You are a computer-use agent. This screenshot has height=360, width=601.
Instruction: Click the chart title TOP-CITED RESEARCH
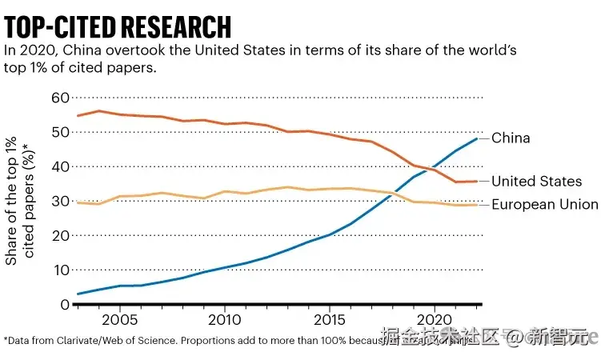click(x=118, y=26)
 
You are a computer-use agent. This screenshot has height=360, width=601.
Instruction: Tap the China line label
click(x=511, y=138)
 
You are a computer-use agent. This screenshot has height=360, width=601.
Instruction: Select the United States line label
click(x=536, y=182)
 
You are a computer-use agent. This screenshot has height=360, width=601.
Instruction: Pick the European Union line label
click(x=544, y=205)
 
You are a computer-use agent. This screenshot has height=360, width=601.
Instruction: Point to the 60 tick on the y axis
click(x=60, y=98)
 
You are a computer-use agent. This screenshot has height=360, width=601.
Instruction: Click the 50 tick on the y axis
click(x=60, y=132)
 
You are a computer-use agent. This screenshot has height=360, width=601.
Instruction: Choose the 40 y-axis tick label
click(x=60, y=166)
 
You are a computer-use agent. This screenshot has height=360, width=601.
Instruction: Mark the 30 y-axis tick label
click(x=60, y=201)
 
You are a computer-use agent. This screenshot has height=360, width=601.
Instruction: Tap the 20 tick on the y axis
click(x=60, y=235)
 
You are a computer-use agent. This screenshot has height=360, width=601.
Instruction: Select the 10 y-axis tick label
click(x=60, y=270)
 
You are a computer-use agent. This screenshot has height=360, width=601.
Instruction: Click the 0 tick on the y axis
click(x=65, y=304)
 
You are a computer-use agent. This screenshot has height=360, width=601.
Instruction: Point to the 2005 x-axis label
click(x=119, y=320)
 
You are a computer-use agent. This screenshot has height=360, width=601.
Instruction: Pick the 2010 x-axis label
click(x=224, y=320)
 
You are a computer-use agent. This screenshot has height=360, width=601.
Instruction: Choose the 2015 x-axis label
click(x=329, y=320)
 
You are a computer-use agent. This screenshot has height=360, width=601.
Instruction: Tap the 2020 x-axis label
click(x=434, y=320)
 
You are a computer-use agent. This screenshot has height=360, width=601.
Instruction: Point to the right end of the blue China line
click(x=478, y=139)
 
